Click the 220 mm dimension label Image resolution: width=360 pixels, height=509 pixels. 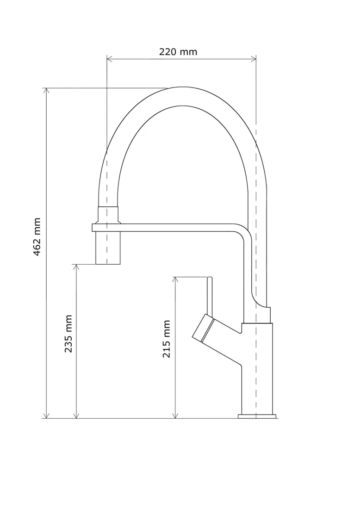point(178,52)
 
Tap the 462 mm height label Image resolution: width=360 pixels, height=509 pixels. point(37,236)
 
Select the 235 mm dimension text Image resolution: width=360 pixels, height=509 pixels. point(68,333)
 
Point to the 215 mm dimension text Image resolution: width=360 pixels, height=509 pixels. point(167,339)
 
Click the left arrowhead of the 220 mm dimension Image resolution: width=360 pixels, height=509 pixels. point(109,59)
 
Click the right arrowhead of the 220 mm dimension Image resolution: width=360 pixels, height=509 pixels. point(254,59)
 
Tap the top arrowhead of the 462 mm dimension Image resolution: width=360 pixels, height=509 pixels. point(46,91)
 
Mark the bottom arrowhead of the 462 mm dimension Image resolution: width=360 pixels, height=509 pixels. point(46,416)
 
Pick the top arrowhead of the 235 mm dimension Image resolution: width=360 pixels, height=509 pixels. point(76,267)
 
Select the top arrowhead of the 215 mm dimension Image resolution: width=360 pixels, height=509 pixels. point(175,280)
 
